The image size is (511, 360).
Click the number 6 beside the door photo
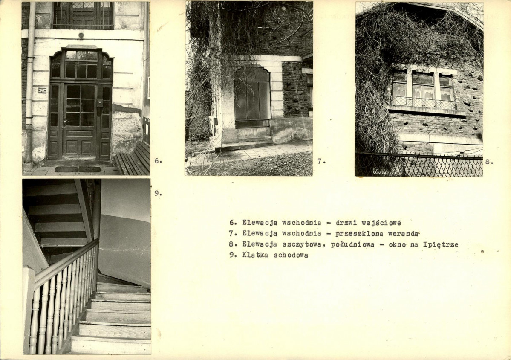tap(158, 160)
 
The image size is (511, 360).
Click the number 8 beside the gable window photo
tap(489, 161)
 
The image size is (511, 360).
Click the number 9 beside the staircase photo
tap(158, 193)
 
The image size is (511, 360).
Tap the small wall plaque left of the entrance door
tap(42, 90)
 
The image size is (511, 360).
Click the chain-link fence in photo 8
tap(419, 164)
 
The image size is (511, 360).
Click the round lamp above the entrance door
tap(81, 35)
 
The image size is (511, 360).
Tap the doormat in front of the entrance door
tap(78, 169)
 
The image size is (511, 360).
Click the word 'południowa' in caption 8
tap(352, 244)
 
